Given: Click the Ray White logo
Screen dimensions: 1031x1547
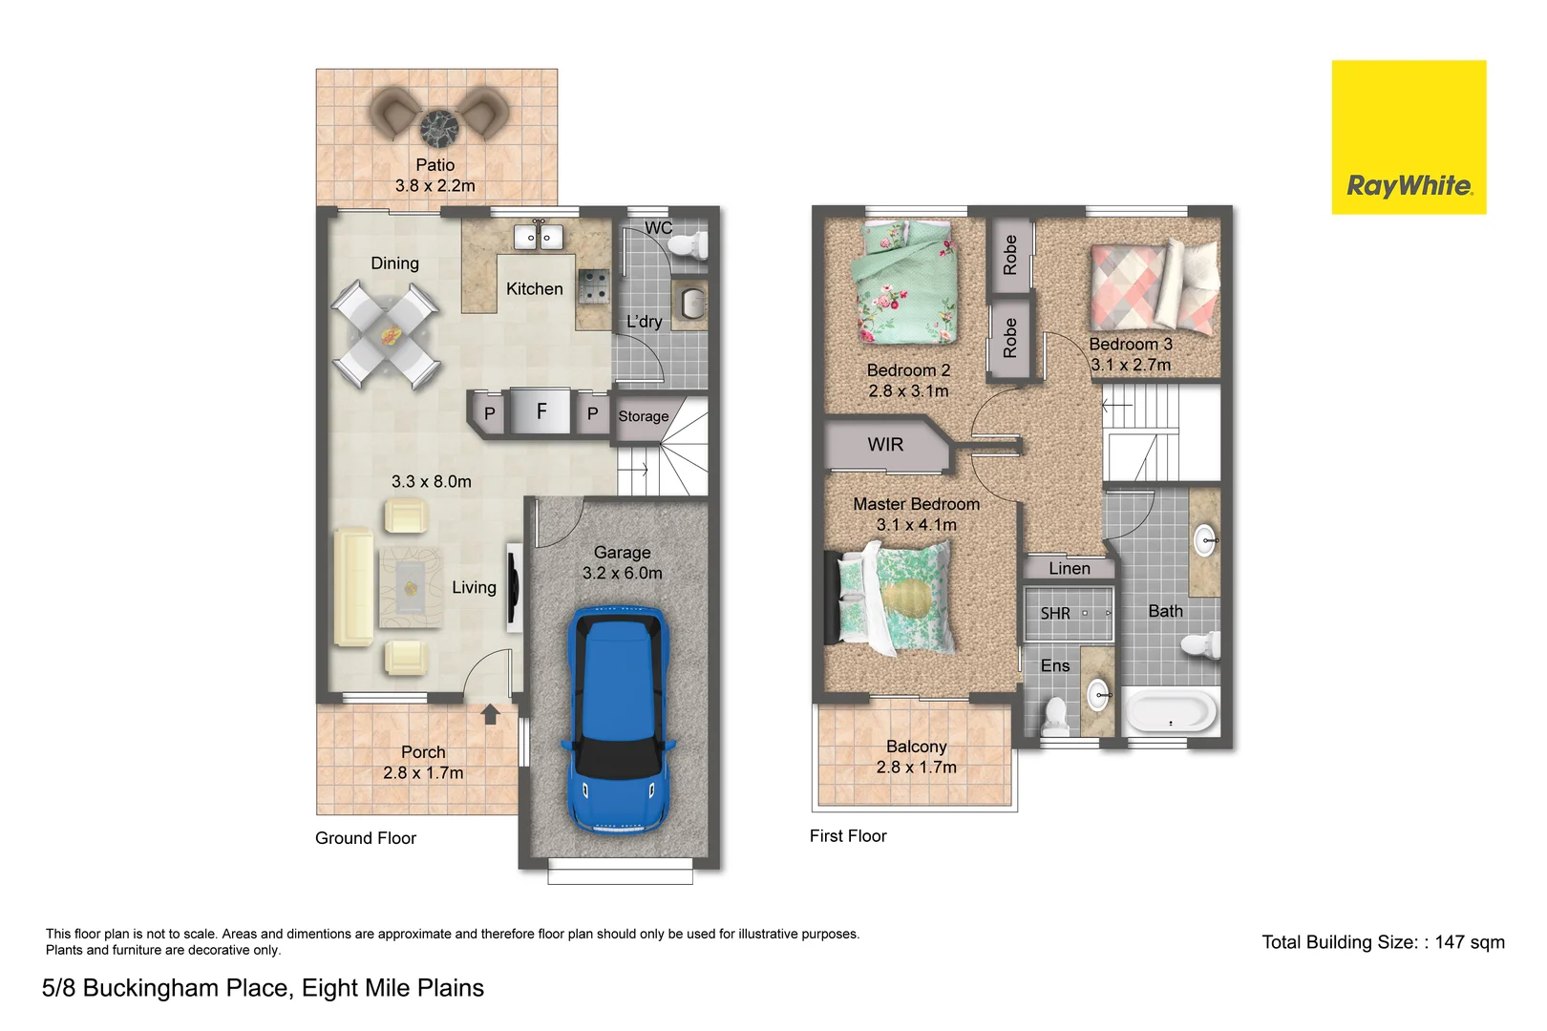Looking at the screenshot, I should (x=1409, y=137).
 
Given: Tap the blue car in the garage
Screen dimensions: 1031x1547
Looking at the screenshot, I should (x=618, y=721).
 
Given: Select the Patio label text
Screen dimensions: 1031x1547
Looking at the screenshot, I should (x=434, y=165).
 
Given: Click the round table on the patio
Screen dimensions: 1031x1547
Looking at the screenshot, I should (x=439, y=126).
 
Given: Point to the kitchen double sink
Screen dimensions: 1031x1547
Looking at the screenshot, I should (x=539, y=236).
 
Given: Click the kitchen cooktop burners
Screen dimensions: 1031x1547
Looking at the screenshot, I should (x=594, y=284).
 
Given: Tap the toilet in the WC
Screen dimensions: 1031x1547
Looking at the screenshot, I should (x=688, y=246).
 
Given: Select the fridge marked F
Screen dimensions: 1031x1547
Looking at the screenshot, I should (x=540, y=411).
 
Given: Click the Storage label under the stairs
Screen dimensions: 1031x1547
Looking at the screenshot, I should (x=643, y=416).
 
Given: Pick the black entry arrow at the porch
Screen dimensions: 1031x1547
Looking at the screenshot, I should (x=490, y=714).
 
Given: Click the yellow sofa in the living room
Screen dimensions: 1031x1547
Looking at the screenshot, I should (x=352, y=587).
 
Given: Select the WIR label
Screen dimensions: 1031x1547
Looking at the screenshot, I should (x=885, y=445).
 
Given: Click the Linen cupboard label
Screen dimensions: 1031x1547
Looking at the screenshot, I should (x=1069, y=569).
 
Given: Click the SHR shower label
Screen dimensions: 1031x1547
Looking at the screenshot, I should (x=1055, y=614).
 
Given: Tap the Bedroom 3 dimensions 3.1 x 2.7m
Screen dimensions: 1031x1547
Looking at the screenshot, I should (x=1131, y=365).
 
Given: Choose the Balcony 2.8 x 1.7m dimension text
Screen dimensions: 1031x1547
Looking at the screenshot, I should (x=916, y=768).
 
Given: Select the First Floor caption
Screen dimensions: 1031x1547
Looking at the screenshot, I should (x=848, y=836).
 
